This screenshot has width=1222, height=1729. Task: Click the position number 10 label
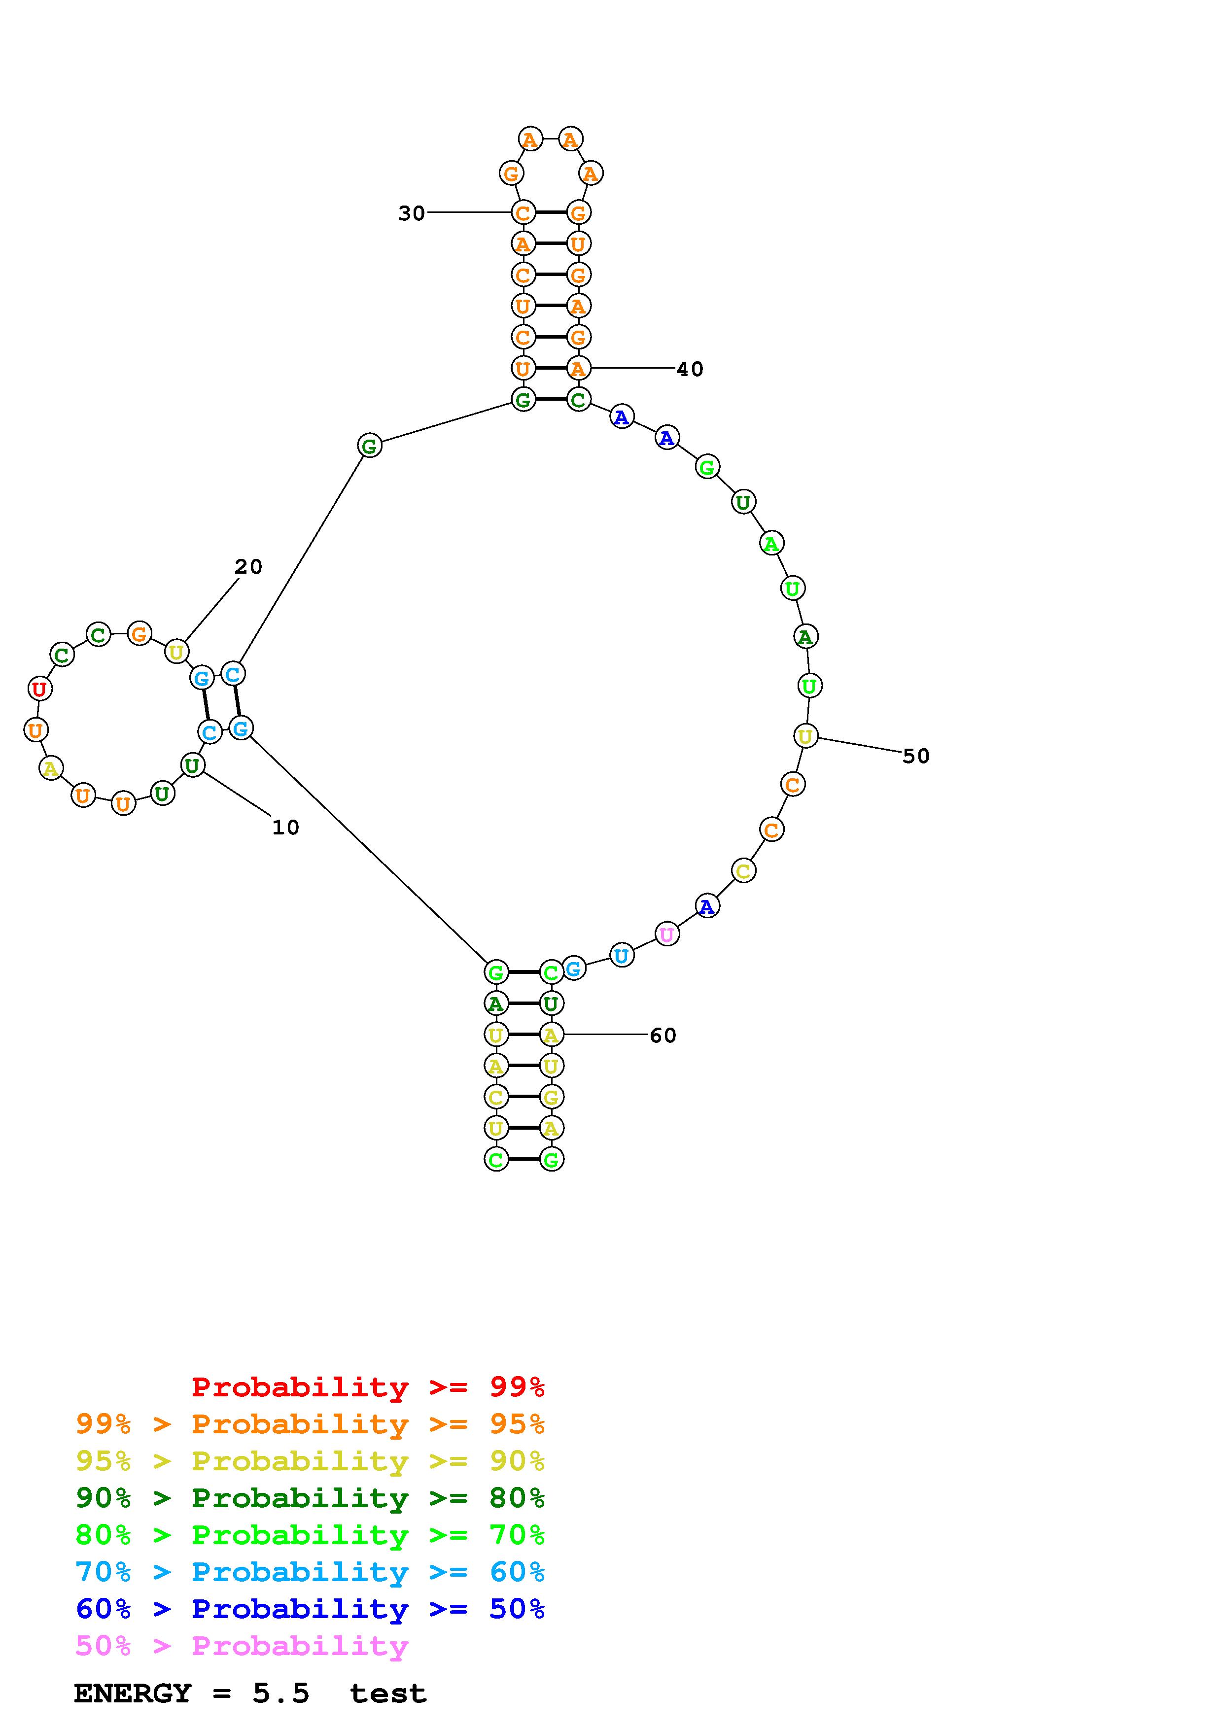tap(285, 828)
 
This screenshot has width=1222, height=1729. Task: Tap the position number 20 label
tap(248, 567)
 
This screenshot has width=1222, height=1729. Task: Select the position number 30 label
tap(411, 214)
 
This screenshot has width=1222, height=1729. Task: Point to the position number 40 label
tap(690, 369)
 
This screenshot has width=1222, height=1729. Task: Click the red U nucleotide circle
tap(39, 688)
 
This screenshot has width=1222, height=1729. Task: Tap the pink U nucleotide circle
tap(666, 934)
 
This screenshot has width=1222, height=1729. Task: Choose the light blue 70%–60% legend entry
tap(310, 1572)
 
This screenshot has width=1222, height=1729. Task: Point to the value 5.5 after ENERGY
tap(281, 1694)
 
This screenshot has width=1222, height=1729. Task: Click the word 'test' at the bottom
tap(388, 1694)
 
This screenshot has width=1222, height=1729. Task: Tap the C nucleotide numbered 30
tap(523, 212)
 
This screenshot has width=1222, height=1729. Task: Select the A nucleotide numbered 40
tap(578, 368)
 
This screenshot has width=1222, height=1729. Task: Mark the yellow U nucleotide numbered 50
tap(805, 736)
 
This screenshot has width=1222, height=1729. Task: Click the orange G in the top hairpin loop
tap(511, 174)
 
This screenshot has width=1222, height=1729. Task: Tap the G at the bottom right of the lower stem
tap(551, 1159)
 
